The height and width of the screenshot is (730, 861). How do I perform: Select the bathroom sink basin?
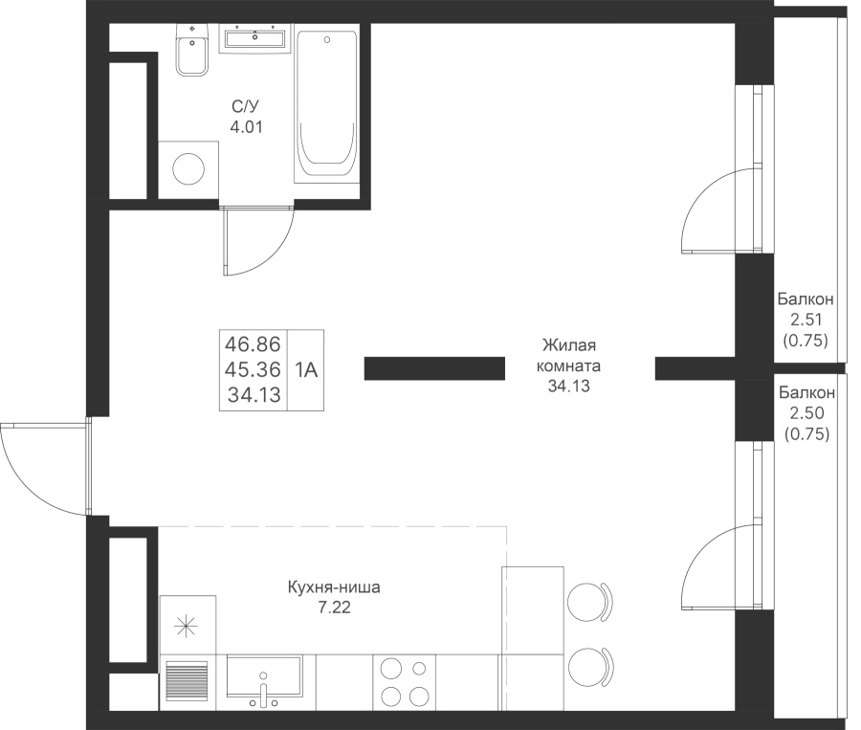[255, 39]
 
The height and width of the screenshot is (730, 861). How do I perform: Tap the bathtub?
[328, 105]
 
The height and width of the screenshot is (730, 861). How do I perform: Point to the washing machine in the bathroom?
[188, 169]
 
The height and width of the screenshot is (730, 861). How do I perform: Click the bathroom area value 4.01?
[245, 125]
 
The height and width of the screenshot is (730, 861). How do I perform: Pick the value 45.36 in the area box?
[253, 368]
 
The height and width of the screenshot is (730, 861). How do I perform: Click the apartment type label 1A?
[306, 370]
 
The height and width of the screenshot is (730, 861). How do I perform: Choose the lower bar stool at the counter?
[587, 665]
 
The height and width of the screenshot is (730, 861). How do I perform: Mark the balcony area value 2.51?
[805, 321]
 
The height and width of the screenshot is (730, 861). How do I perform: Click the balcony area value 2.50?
[806, 413]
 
